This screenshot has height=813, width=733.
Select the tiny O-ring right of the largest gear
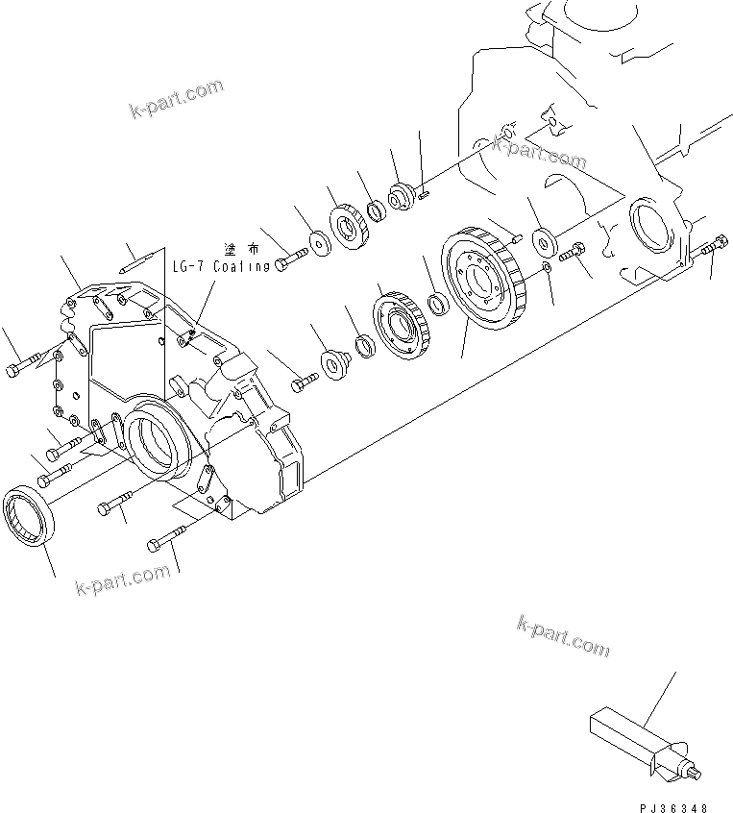545,268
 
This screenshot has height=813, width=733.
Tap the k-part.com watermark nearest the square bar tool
563,635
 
